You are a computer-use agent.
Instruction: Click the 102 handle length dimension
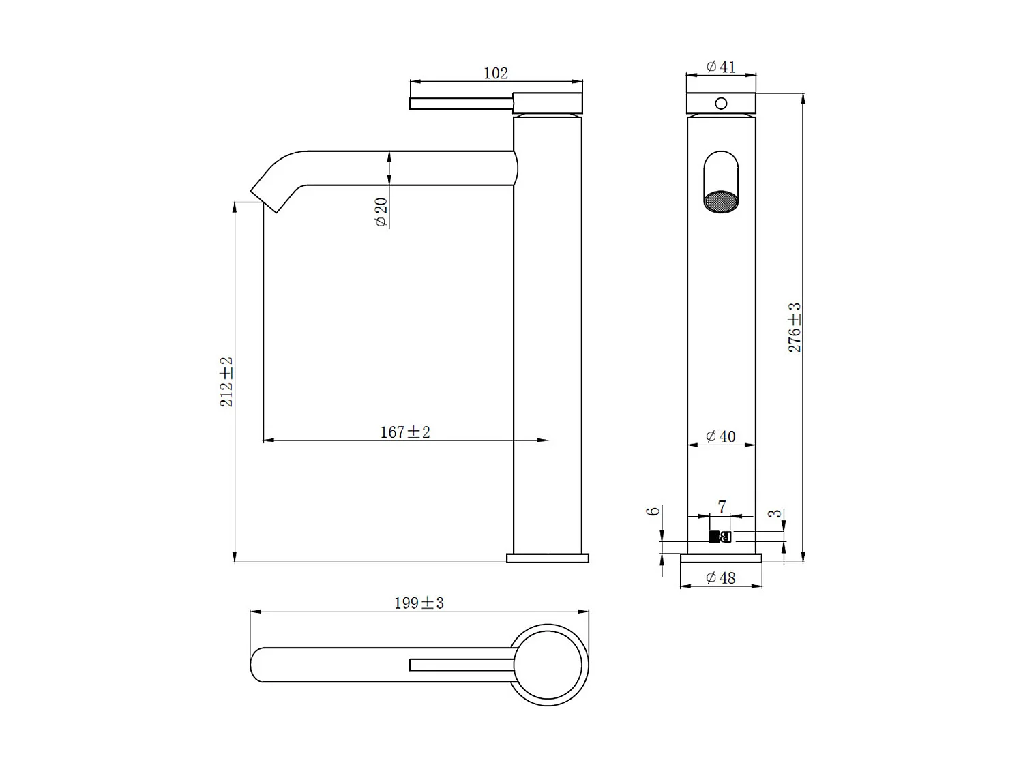pos(496,73)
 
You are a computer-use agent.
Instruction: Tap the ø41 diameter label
pos(721,67)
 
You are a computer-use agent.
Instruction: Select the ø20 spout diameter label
pos(381,212)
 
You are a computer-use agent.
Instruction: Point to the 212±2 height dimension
pos(226,382)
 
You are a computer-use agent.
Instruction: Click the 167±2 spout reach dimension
pos(405,432)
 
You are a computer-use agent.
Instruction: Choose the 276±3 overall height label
pos(795,328)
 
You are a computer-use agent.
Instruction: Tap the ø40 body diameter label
pos(721,436)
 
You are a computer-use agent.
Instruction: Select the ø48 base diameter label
pos(721,578)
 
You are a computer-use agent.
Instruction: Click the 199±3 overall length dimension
pos(419,603)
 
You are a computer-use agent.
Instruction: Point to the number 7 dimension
pos(722,507)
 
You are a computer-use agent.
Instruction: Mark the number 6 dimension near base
pos(654,511)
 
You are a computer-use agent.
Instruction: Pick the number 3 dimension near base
pos(775,513)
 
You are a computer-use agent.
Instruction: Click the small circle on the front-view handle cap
pos(721,104)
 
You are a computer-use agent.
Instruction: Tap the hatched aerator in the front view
pos(721,202)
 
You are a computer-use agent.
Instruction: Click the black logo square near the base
pos(714,537)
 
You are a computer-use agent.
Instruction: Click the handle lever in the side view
pos(461,104)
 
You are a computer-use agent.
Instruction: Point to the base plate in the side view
pos(548,558)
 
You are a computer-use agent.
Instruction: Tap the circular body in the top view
pos(549,665)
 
